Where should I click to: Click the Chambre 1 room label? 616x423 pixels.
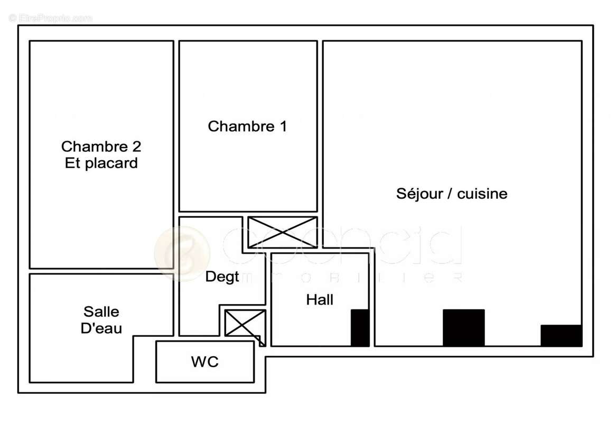tap(247, 127)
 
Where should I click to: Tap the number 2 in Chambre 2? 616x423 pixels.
tap(136, 146)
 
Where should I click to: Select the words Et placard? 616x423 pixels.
tap(101, 163)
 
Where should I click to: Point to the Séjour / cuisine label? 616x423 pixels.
tap(452, 194)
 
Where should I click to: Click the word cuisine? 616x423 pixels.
tap(482, 194)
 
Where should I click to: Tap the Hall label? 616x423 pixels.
tap(320, 300)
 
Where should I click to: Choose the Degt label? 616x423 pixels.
tap(222, 277)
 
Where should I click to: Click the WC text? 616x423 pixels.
tap(204, 362)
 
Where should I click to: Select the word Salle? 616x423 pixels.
tap(101, 312)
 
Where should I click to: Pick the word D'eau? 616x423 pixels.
tap(101, 328)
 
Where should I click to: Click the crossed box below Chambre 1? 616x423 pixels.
tap(283, 232)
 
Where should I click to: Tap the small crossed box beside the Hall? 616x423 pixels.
tap(245, 323)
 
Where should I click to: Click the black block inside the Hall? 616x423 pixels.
tap(360, 328)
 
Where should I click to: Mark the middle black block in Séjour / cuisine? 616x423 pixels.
tap(463, 328)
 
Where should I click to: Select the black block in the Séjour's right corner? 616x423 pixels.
tap(561, 336)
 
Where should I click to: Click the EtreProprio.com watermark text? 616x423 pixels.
tap(50, 18)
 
